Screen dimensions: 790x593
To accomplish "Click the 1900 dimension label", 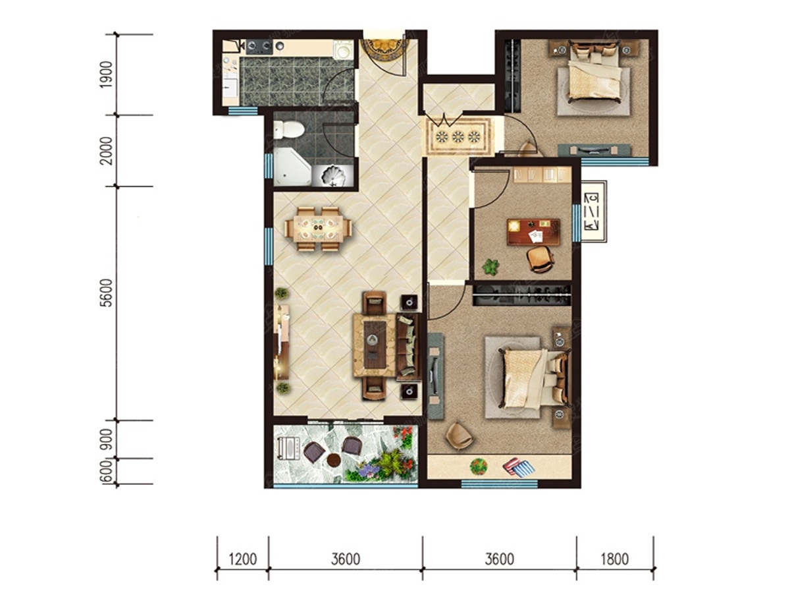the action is point(107,74).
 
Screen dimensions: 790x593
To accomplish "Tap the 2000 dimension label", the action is point(107,150).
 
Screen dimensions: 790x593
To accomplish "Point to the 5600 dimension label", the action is point(107,293).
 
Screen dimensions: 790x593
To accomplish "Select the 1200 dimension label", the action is point(243,559).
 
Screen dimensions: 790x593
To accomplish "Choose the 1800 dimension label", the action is point(615,559).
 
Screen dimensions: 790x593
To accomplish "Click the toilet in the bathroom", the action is point(288,130).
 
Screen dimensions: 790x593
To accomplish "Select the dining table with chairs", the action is point(318,229).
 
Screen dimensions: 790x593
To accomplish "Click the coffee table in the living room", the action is point(375,345).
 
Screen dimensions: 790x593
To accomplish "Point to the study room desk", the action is point(533,232).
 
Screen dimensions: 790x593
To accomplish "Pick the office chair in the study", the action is point(540,259).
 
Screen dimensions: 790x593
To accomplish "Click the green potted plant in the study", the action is point(490,268).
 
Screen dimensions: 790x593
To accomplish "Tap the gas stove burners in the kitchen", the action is point(259,46).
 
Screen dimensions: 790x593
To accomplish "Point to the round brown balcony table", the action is point(334,460).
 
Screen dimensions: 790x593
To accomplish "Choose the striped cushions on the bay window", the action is point(519,467).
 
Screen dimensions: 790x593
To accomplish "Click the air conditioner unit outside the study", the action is point(594,212).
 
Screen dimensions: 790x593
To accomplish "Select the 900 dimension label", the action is point(107,439).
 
